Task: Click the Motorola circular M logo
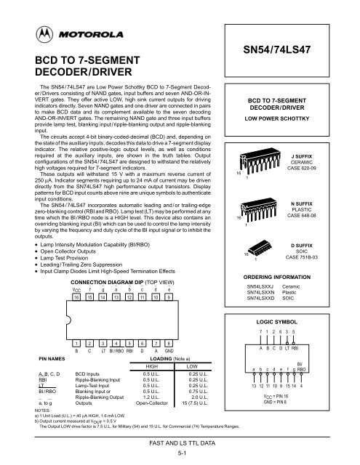(35, 34)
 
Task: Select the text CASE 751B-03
(321, 277)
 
